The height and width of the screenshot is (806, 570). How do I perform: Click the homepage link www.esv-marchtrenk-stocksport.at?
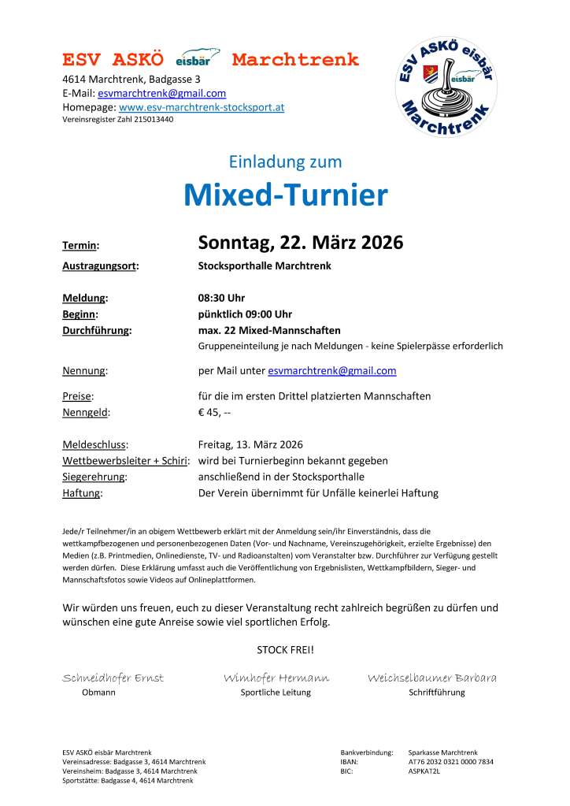tap(201, 106)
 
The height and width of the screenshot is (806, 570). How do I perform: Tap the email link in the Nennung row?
tap(331, 370)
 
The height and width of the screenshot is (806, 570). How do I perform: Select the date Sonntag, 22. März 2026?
tap(300, 243)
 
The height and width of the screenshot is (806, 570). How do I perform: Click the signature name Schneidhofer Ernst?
tap(113, 678)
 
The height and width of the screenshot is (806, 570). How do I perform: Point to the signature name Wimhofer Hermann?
tap(276, 678)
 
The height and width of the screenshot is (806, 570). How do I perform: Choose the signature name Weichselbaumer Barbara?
tap(431, 678)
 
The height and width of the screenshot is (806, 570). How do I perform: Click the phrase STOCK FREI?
tap(285, 649)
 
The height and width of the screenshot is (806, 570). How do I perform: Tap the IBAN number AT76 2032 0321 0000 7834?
tap(450, 762)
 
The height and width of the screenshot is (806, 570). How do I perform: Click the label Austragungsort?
tap(100, 266)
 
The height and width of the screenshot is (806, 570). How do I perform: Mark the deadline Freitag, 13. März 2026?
tap(250, 444)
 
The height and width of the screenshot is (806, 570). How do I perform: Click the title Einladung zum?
tap(285, 162)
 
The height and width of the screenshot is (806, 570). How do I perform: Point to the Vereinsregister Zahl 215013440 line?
tap(117, 120)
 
